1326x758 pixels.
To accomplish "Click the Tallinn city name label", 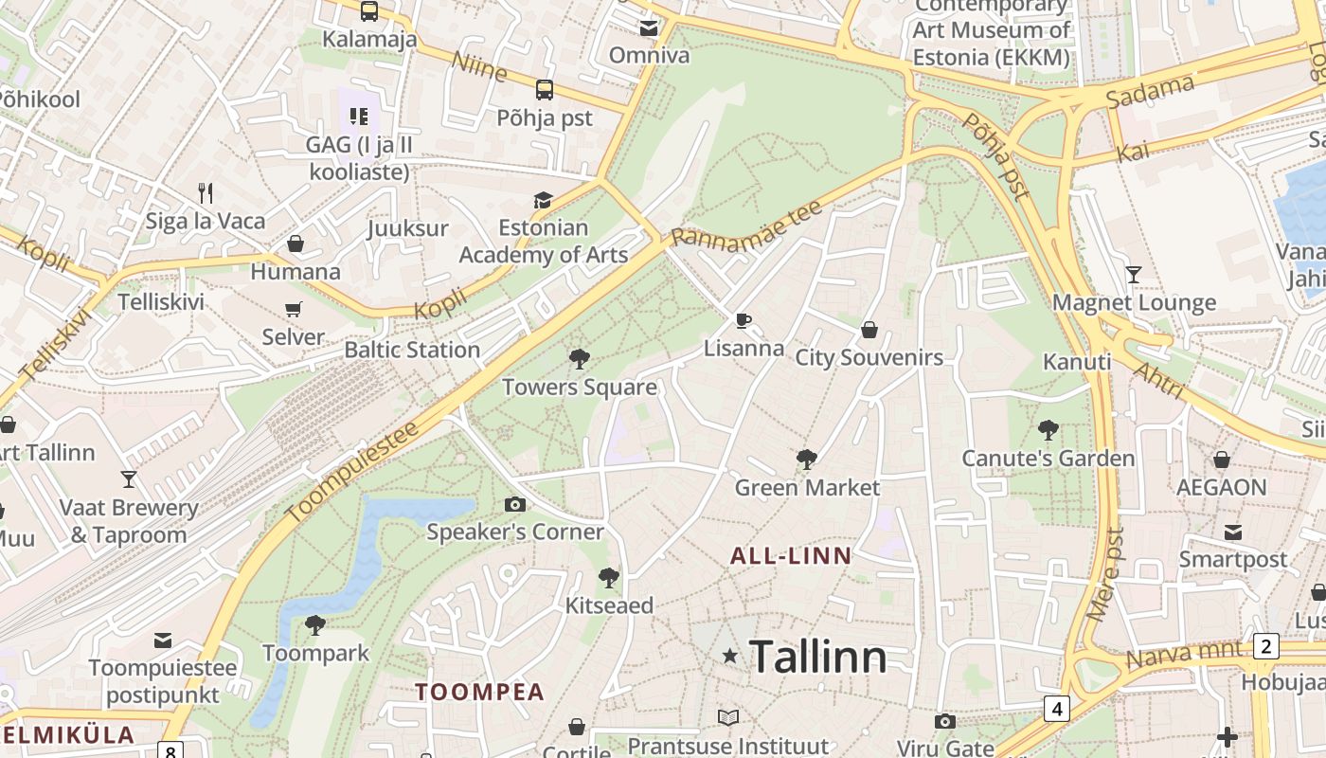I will pyautogui.click(x=817, y=657).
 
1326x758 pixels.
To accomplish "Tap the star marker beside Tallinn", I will pyautogui.click(x=729, y=656).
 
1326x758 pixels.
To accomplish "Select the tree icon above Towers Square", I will pyautogui.click(x=579, y=359).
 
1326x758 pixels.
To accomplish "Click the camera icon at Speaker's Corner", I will pyautogui.click(x=515, y=504).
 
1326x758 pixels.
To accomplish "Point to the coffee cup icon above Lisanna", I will pyautogui.click(x=744, y=320).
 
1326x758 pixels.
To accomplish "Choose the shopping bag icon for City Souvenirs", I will pyautogui.click(x=869, y=330).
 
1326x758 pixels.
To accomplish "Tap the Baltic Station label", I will pyautogui.click(x=412, y=350).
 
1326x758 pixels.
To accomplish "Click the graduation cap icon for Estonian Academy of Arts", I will pyautogui.click(x=543, y=200).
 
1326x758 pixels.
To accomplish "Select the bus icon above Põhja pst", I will pyautogui.click(x=545, y=90).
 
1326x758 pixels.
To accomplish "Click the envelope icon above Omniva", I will pyautogui.click(x=649, y=28).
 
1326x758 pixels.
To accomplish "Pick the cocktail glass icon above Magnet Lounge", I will pyautogui.click(x=1134, y=275).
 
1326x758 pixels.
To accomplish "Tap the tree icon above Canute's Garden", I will pyautogui.click(x=1048, y=430).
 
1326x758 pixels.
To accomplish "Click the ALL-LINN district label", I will pyautogui.click(x=791, y=556).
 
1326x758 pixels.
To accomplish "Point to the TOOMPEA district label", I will pyautogui.click(x=479, y=692).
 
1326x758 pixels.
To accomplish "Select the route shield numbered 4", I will pyautogui.click(x=1057, y=708).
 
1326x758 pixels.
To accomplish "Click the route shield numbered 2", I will pyautogui.click(x=1266, y=647).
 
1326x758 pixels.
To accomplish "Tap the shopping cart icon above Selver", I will pyautogui.click(x=294, y=309).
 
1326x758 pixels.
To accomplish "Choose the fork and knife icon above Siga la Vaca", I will pyautogui.click(x=206, y=193).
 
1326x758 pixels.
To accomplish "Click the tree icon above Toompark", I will pyautogui.click(x=315, y=625).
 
